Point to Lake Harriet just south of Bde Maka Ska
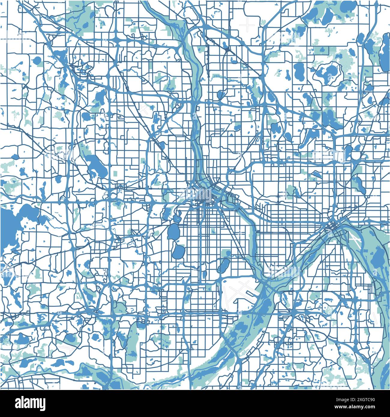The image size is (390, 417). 179,252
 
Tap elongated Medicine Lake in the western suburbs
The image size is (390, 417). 96,165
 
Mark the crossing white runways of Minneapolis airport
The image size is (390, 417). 237,292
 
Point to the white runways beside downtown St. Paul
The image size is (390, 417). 354,239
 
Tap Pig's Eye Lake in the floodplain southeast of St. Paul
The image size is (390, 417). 376,258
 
